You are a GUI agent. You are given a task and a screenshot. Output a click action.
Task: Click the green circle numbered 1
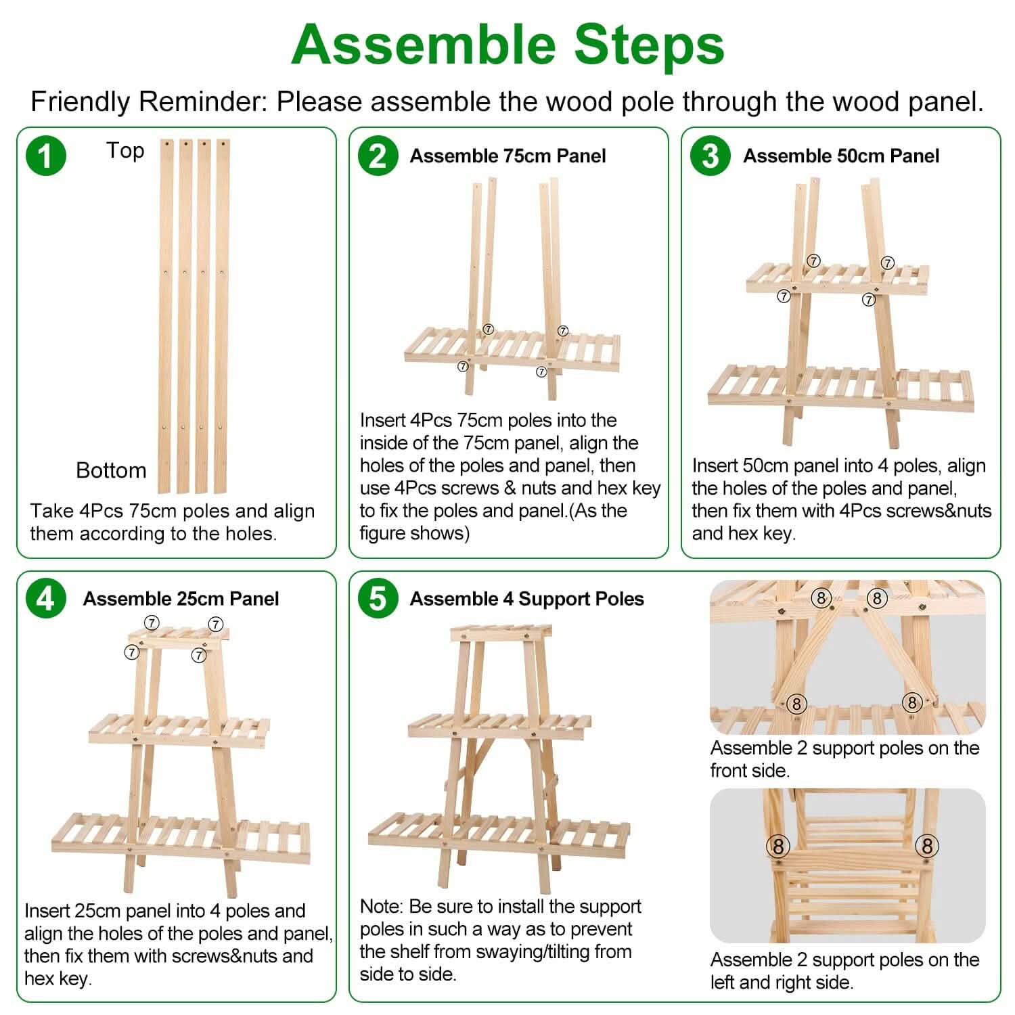click(45, 156)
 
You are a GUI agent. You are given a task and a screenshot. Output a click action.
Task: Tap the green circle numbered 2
click(378, 156)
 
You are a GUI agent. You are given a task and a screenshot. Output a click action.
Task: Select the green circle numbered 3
click(710, 156)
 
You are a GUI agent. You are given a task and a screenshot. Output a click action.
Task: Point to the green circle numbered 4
click(45, 599)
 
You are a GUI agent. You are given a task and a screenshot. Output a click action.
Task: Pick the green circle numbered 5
click(378, 599)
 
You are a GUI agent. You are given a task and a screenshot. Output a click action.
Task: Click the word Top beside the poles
click(125, 151)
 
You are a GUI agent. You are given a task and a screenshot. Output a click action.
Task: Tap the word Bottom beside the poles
click(111, 470)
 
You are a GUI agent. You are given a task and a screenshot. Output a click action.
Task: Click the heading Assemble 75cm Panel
click(507, 156)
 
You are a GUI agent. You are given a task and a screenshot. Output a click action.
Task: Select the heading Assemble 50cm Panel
click(841, 156)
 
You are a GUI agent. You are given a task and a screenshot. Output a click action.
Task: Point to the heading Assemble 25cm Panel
click(181, 599)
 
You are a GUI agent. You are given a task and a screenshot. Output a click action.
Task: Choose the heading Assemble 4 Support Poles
click(526, 599)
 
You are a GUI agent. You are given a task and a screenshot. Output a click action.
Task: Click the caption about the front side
click(844, 759)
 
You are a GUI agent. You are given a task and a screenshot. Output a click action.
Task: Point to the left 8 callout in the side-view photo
click(778, 846)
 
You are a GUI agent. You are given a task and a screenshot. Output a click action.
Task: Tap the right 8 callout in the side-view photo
click(927, 846)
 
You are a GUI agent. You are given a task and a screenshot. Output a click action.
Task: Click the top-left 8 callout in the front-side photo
click(821, 598)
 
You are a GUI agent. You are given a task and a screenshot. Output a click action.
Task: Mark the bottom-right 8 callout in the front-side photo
click(911, 702)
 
